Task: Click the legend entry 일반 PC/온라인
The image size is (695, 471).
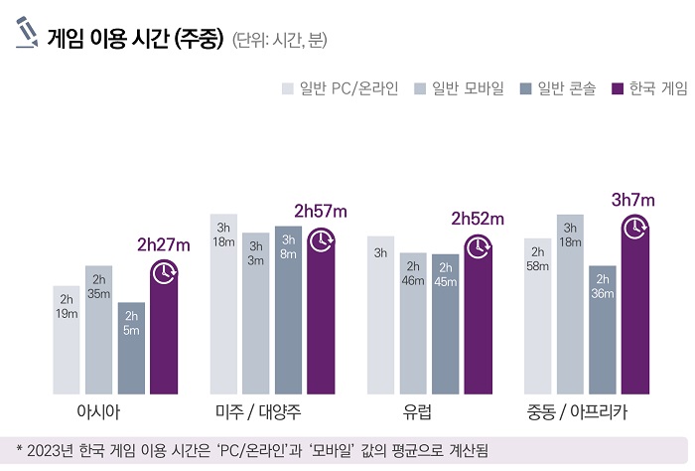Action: [341, 89]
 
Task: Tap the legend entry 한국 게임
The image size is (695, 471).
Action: [649, 89]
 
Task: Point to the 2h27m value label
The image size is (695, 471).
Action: [164, 243]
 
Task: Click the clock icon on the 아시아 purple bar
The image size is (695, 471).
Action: [164, 272]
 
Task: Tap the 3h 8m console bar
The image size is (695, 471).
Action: [288, 309]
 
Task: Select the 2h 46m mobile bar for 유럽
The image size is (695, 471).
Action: [413, 323]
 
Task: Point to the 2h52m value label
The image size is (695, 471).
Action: [478, 218]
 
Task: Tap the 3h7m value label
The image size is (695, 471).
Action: [633, 199]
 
